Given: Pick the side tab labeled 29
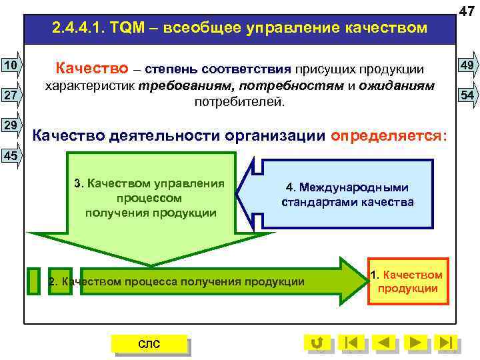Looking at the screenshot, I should coord(10,125).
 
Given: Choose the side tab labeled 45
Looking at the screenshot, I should coord(10,155).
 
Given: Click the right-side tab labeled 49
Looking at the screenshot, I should coord(467,65).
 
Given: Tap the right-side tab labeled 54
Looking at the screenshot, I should coord(467,95).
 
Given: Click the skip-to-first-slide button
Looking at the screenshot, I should coord(351,343).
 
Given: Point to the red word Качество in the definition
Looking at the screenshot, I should coord(89,68).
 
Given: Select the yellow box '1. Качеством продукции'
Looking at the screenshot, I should coord(407,281).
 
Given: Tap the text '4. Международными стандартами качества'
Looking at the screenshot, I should coord(347,194).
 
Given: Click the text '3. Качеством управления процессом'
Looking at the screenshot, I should coord(150,191).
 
